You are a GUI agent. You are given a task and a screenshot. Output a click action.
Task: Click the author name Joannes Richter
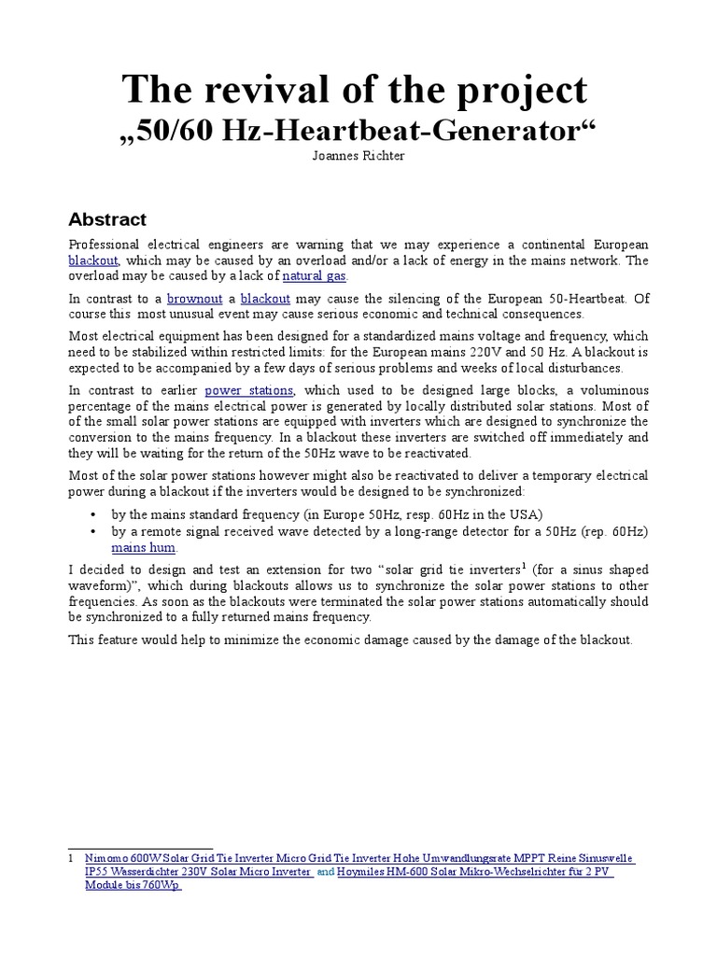pyautogui.click(x=358, y=157)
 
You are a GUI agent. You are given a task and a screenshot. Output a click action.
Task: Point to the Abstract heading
pyautogui.click(x=107, y=220)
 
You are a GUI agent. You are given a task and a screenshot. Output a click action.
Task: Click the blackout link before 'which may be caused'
pyautogui.click(x=93, y=260)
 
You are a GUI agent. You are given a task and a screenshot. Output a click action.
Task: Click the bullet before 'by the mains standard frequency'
pyautogui.click(x=93, y=514)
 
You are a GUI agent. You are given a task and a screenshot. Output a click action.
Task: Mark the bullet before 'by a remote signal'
pyautogui.click(x=93, y=531)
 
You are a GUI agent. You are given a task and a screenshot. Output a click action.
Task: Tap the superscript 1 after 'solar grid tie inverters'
pyautogui.click(x=499, y=564)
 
